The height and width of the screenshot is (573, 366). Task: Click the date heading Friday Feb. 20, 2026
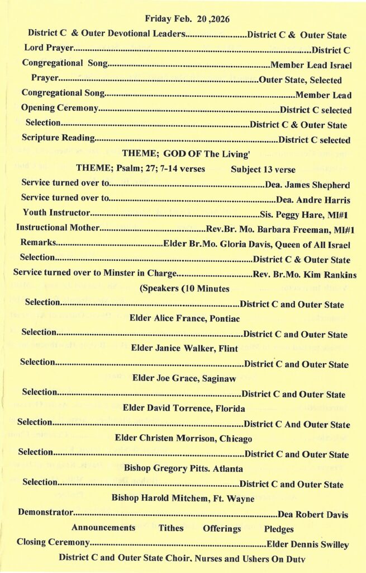point(187,19)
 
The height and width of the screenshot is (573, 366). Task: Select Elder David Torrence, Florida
point(183,408)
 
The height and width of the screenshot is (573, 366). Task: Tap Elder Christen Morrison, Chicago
point(183,438)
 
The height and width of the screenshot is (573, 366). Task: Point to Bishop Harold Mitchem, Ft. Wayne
point(183,498)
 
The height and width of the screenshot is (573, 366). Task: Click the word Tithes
point(170,528)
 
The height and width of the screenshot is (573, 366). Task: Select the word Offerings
point(222,528)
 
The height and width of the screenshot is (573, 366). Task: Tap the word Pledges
point(279,528)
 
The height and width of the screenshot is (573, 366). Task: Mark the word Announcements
point(103,528)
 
